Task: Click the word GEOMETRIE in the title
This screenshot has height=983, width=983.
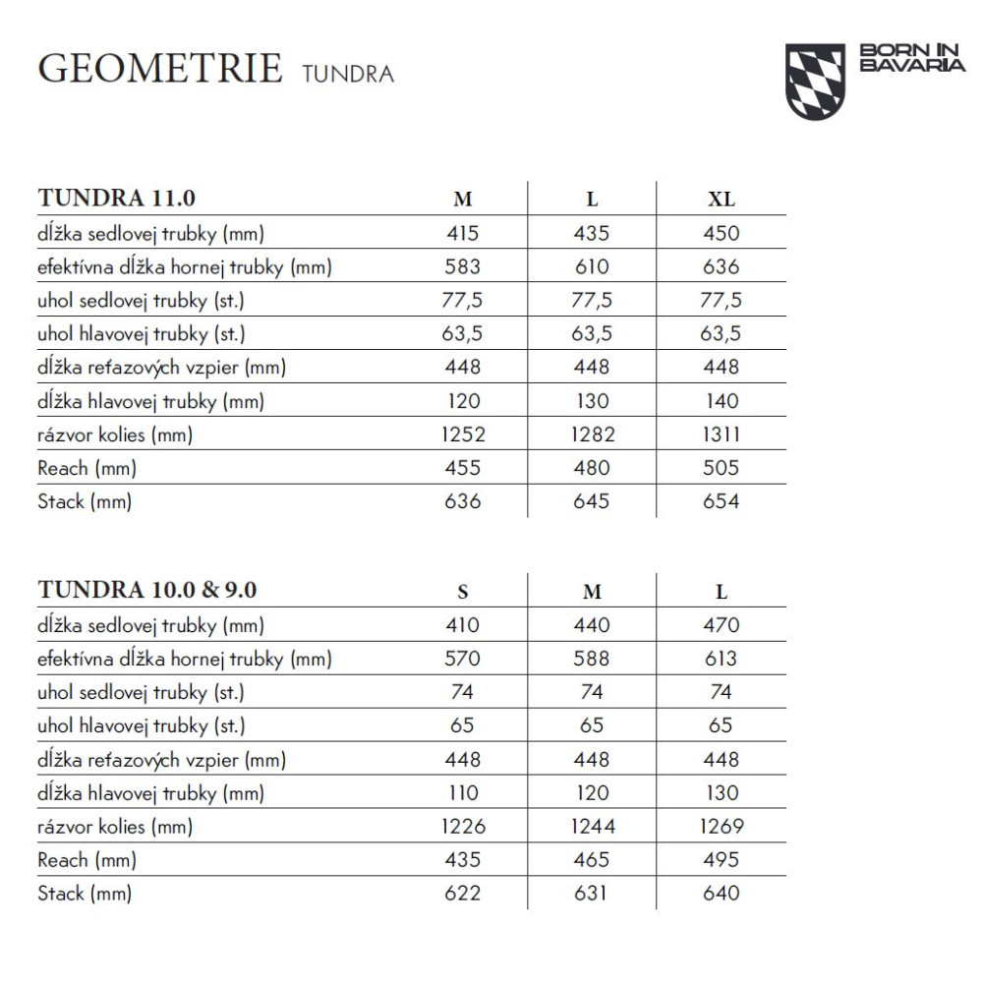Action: [x=159, y=69]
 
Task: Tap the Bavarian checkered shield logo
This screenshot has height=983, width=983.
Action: [x=815, y=81]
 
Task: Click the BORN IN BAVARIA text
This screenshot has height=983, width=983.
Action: [x=911, y=58]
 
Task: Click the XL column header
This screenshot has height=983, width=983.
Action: [x=721, y=199]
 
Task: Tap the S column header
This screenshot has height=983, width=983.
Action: [x=463, y=592]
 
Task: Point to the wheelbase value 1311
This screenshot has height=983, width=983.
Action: [x=721, y=434]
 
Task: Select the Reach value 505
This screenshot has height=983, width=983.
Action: [x=721, y=468]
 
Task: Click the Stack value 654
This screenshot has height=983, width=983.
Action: [x=721, y=501]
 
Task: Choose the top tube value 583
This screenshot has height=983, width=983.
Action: [x=463, y=266]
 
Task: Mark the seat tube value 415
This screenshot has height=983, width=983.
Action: [x=463, y=233]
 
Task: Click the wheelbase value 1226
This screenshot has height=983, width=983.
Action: [x=463, y=827]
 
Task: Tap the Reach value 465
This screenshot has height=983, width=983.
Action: [x=592, y=860]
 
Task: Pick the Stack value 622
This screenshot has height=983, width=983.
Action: [x=463, y=894]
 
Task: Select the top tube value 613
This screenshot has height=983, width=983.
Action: [x=721, y=660]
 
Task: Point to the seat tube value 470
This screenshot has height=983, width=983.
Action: [x=721, y=625]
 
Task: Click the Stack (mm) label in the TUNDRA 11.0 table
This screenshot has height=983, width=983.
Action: [x=85, y=501]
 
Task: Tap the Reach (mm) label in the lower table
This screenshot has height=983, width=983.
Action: [x=87, y=860]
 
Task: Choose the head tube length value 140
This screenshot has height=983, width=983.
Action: [x=721, y=401]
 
